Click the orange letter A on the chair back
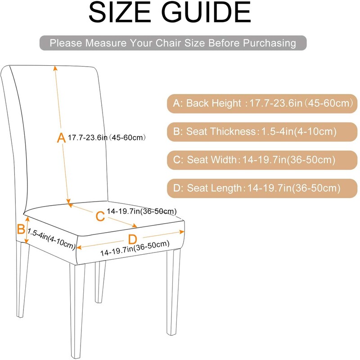tap(61, 138)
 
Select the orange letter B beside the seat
tap(21, 229)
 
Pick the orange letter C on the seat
tap(100, 216)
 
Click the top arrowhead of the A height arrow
tap(56, 68)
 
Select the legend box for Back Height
tap(261, 103)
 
